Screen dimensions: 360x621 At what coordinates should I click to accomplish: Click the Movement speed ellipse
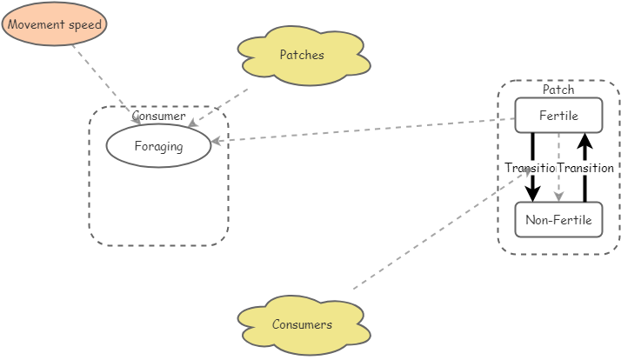coord(54,24)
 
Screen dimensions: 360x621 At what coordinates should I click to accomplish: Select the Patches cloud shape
coord(303,56)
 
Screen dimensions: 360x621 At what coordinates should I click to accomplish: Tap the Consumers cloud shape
coord(303,325)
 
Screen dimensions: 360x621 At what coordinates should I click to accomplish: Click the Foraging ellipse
coord(158,146)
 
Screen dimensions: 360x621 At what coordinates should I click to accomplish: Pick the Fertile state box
coord(558,115)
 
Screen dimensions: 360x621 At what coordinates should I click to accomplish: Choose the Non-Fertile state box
coord(558,220)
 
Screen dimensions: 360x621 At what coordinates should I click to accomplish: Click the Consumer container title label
coord(158,116)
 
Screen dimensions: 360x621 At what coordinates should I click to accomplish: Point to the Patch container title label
coord(558,90)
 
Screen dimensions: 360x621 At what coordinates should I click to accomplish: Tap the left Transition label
coord(530,168)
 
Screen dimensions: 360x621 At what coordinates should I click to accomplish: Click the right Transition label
coord(585,168)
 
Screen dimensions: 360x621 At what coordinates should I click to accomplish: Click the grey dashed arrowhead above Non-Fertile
coord(558,197)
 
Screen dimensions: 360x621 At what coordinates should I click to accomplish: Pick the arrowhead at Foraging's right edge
coord(217,141)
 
